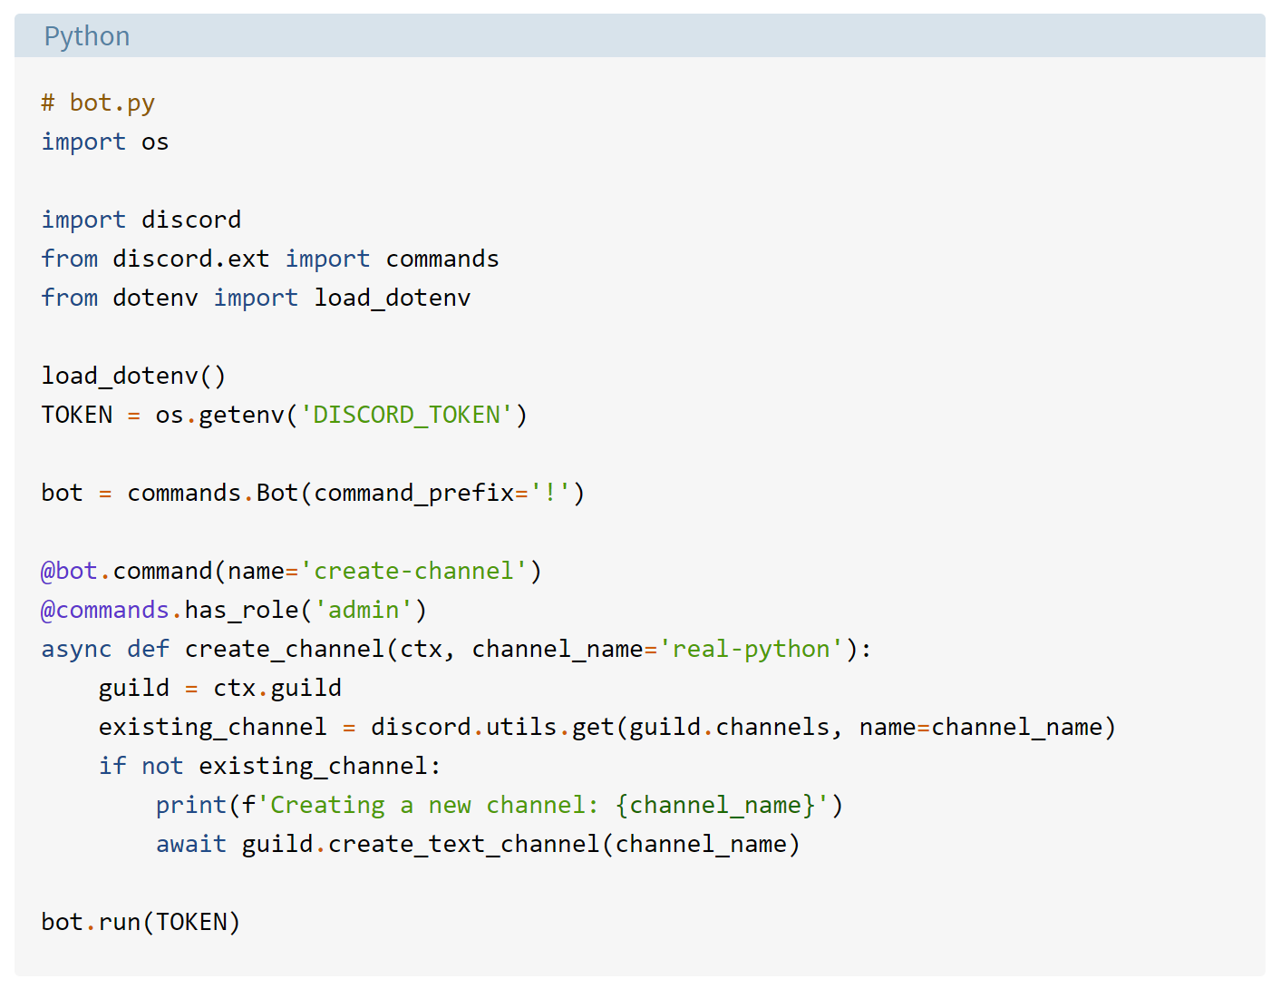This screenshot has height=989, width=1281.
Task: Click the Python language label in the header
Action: (87, 36)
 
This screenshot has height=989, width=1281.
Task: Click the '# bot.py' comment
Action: (98, 103)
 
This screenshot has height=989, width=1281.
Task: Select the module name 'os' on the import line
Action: (155, 142)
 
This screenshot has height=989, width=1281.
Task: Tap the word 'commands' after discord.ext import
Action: (442, 259)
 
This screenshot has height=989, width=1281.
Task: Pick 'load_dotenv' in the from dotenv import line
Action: (392, 298)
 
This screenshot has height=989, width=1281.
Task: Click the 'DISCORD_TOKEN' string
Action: (406, 415)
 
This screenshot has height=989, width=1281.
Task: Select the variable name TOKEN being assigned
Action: (77, 415)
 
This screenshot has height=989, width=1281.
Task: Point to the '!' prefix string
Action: (550, 493)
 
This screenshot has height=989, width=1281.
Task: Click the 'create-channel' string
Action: (413, 571)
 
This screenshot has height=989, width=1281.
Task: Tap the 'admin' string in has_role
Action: (364, 610)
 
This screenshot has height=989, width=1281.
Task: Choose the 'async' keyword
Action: (77, 649)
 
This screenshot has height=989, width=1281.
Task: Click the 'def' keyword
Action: (148, 649)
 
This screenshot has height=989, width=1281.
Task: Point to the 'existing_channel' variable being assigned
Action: (212, 727)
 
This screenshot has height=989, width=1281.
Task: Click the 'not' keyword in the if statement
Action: (162, 766)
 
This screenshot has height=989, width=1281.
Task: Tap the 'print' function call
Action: (191, 805)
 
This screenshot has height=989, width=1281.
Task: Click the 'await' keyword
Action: (191, 844)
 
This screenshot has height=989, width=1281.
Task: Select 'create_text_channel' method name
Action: (464, 844)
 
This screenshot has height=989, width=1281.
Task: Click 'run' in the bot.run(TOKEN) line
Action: (120, 922)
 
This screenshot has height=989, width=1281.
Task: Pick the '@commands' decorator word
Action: (105, 610)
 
